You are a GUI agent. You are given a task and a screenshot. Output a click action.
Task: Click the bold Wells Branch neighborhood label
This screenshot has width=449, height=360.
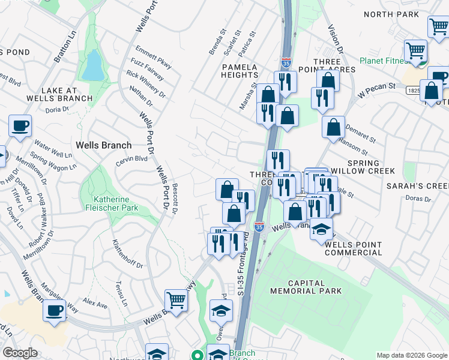click(103, 145)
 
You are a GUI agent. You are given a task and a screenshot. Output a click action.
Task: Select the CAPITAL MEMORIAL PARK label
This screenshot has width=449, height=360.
click(306, 287)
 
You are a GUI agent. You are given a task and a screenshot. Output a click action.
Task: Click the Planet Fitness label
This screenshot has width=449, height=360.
click(384, 61)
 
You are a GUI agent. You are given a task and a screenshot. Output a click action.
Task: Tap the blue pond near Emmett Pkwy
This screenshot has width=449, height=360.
click(93, 65)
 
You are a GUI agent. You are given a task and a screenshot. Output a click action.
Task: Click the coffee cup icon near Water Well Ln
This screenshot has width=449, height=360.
click(20, 126)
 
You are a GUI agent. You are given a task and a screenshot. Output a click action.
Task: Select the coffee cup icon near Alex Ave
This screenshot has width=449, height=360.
click(55, 311)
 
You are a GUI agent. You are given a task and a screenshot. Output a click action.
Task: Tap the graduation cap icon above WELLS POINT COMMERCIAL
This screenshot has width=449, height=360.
click(322, 229)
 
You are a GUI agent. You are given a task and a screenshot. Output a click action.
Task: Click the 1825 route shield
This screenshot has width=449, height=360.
click(412, 90)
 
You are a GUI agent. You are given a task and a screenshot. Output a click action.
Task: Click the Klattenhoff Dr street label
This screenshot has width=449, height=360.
click(127, 254)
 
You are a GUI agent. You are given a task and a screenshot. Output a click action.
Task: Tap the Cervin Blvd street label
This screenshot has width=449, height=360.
click(132, 158)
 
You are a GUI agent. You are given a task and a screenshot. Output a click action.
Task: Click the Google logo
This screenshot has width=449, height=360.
click(20, 353)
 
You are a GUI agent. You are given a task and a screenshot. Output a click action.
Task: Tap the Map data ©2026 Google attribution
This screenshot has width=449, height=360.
click(412, 355)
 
